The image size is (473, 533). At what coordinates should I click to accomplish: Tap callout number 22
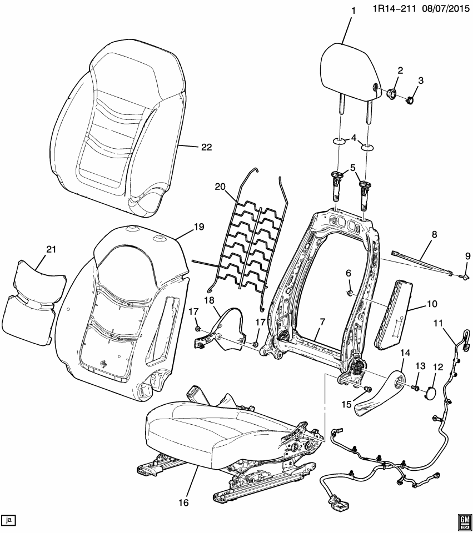click(206, 147)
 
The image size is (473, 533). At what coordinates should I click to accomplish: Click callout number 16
click(184, 502)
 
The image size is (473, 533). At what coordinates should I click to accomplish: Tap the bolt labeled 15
click(367, 389)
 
